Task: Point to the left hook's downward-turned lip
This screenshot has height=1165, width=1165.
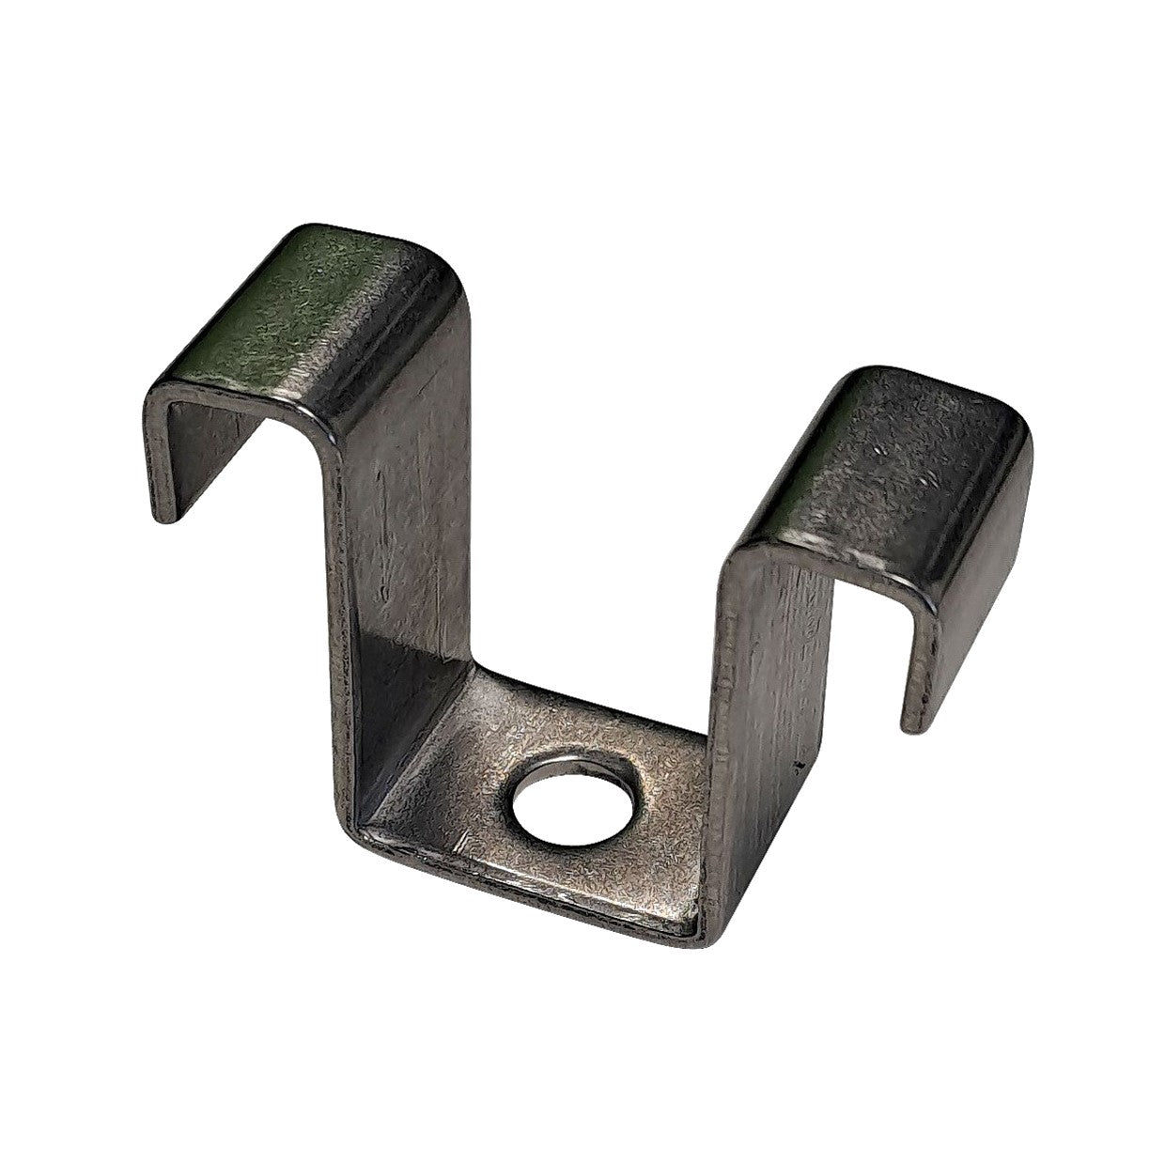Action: coord(188,442)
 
